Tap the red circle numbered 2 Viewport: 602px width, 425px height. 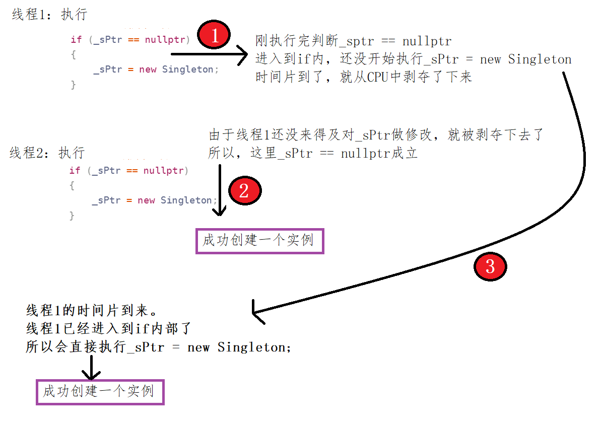pos(244,191)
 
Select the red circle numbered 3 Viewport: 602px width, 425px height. pos(490,267)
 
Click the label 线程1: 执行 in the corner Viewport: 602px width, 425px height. pos(49,15)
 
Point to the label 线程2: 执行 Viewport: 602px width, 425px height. pos(47,153)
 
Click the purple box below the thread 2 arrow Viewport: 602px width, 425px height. pos(259,240)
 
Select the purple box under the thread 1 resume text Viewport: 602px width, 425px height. pos(100,391)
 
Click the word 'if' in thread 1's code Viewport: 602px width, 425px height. pos(76,40)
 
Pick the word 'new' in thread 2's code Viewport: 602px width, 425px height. pos(146,200)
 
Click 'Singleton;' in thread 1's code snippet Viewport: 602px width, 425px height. pos(190,69)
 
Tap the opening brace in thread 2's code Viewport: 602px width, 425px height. pos(72,185)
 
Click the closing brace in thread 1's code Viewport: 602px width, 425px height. pos(73,85)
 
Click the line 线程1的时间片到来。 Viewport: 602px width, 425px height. pos(85,310)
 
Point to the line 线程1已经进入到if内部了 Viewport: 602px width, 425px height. pos(109,329)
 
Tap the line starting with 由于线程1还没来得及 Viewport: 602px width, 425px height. pos(375,135)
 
